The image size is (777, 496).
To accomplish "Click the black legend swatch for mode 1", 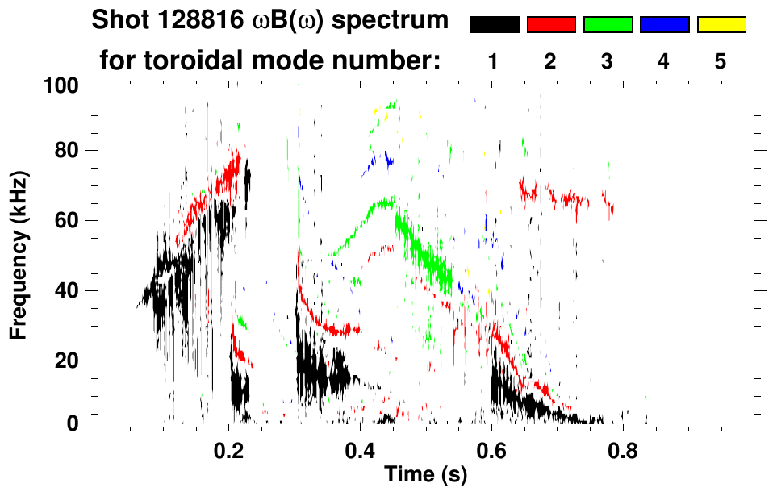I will pyautogui.click(x=494, y=25).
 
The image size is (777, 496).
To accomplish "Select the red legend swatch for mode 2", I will pyautogui.click(x=551, y=25).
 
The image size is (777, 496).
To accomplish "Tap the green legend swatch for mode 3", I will pyautogui.click(x=608, y=25).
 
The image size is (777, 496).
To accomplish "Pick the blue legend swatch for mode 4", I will pyautogui.click(x=664, y=25).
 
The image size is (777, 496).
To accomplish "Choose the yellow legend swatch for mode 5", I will pyautogui.click(x=721, y=25).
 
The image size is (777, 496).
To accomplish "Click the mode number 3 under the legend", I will pyautogui.click(x=608, y=61).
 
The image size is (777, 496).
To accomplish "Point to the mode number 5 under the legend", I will pyautogui.click(x=721, y=61).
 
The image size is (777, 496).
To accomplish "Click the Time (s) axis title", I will pyautogui.click(x=424, y=476).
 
